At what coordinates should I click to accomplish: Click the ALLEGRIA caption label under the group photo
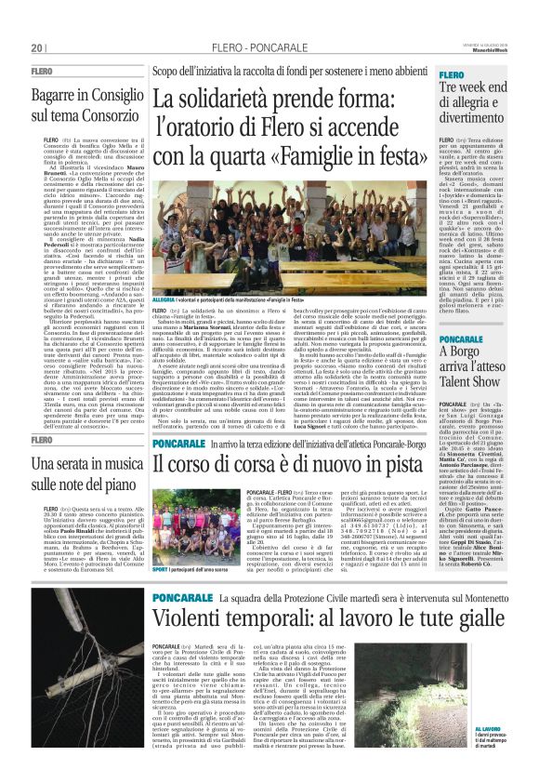coord(164,301)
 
